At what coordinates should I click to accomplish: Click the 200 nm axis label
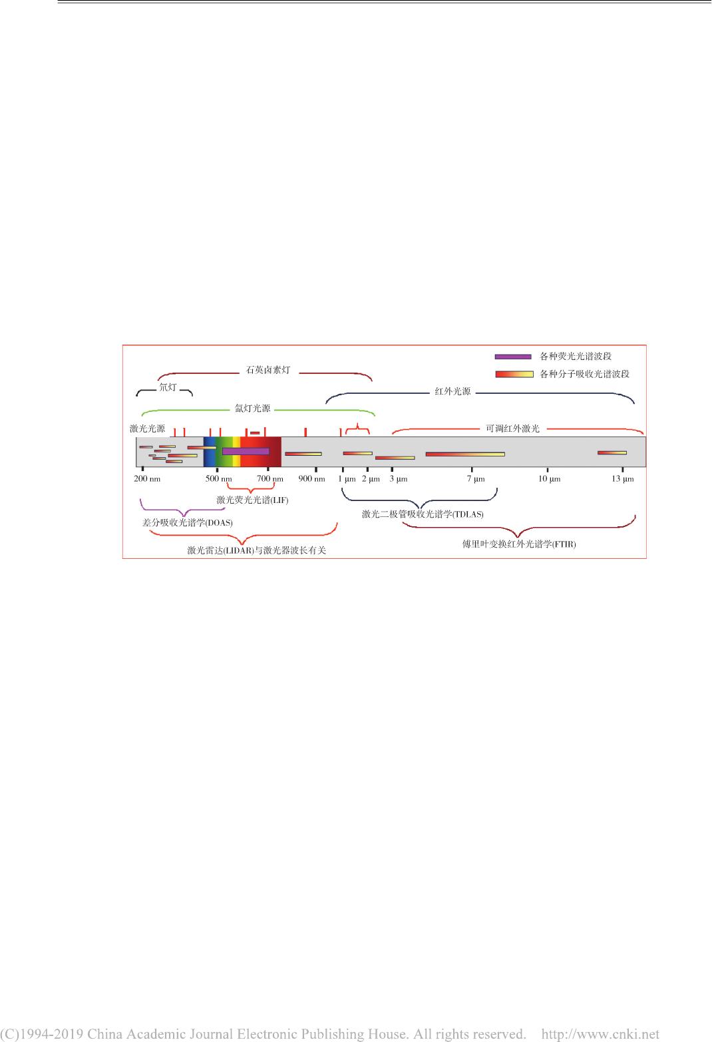tap(147, 478)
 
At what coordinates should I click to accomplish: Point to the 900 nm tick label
tap(311, 478)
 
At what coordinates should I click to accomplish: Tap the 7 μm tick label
tap(476, 478)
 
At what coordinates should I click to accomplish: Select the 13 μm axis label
tap(623, 478)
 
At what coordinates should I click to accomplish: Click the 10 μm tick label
tap(549, 478)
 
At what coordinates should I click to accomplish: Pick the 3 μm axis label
tap(399, 478)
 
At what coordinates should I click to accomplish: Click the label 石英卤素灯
tap(268, 370)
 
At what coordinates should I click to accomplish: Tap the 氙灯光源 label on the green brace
tap(252, 409)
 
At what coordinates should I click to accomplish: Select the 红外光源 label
tap(452, 391)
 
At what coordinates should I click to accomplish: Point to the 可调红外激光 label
tap(512, 429)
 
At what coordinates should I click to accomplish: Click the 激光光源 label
tap(148, 429)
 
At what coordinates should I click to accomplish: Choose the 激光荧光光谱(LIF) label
tap(252, 500)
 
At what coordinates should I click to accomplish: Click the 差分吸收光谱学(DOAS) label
tap(188, 522)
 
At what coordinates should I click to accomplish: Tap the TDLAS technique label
tap(423, 514)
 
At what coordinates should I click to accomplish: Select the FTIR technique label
tap(519, 544)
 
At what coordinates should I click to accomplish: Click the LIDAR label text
tap(257, 550)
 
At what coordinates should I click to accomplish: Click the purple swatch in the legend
tap(513, 357)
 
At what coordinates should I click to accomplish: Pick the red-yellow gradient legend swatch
tap(514, 374)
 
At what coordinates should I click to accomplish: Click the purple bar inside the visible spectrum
tap(246, 451)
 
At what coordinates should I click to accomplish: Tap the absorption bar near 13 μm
tap(612, 452)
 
